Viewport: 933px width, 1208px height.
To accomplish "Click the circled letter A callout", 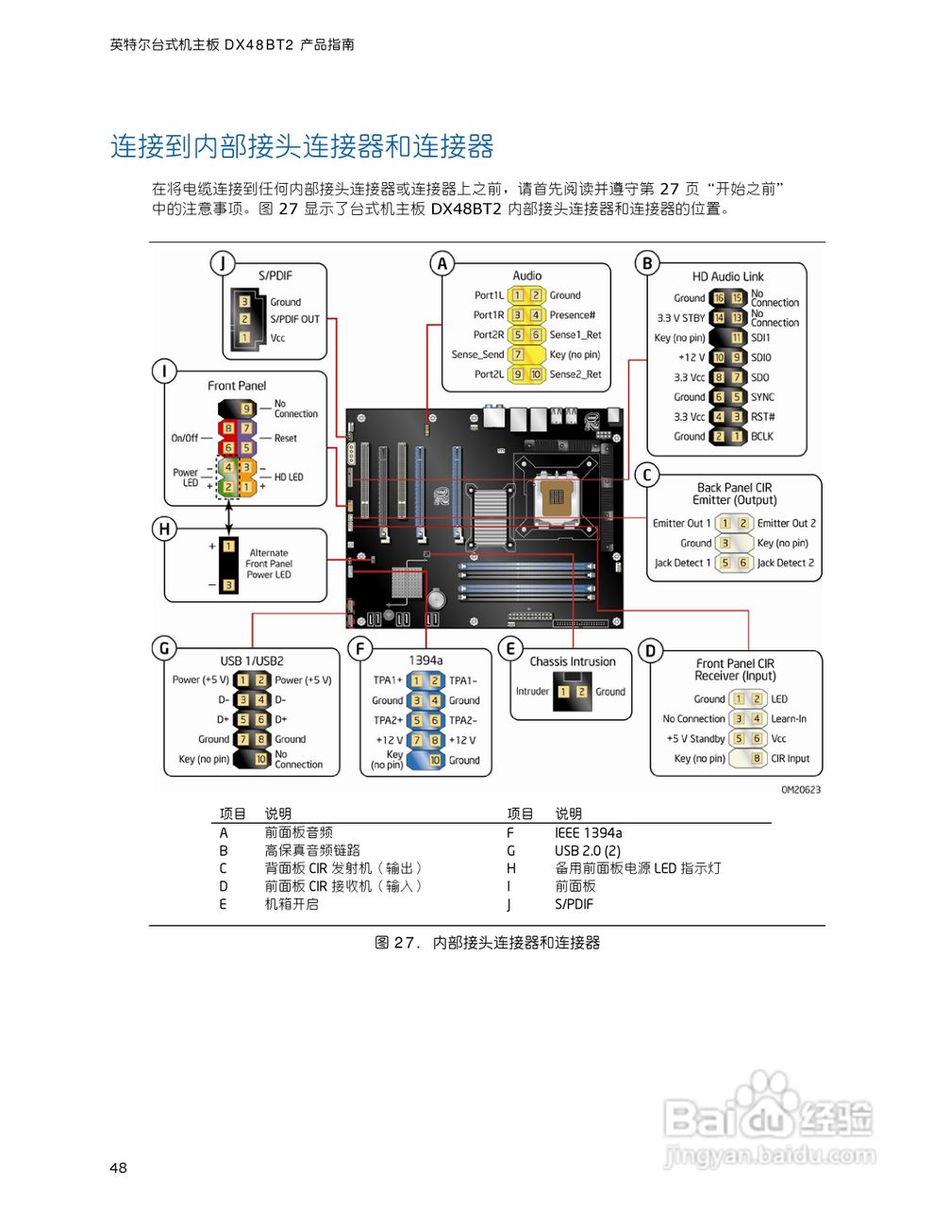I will (x=442, y=263).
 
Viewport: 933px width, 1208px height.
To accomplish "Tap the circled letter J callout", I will (x=222, y=263).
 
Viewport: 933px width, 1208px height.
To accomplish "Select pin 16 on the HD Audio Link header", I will (x=718, y=298).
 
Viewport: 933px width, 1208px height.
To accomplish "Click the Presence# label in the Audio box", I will (x=572, y=315).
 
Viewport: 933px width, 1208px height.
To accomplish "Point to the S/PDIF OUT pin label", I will (x=294, y=319).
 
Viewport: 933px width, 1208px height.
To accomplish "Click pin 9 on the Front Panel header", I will (x=246, y=409).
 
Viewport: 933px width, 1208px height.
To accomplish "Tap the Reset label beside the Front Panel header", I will (x=285, y=438).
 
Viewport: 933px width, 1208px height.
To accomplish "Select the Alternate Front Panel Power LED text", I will (x=269, y=563).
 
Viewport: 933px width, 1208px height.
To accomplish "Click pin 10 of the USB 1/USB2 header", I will (x=261, y=759).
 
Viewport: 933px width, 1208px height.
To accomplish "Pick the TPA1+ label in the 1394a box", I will (x=388, y=680).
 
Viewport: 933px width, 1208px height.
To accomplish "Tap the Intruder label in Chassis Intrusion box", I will (x=532, y=692).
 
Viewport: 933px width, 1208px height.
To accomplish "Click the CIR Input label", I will (x=791, y=758).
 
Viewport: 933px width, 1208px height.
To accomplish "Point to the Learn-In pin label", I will (x=789, y=718).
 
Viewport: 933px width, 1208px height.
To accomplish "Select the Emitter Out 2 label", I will (x=786, y=523).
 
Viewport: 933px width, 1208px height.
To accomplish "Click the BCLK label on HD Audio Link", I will (x=762, y=436).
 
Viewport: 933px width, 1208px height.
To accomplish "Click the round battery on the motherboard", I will (x=436, y=598).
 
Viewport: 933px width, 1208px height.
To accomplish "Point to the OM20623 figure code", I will (x=800, y=790).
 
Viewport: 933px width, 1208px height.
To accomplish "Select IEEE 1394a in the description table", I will (x=588, y=832).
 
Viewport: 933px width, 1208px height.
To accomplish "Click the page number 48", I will (x=118, y=1167).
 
